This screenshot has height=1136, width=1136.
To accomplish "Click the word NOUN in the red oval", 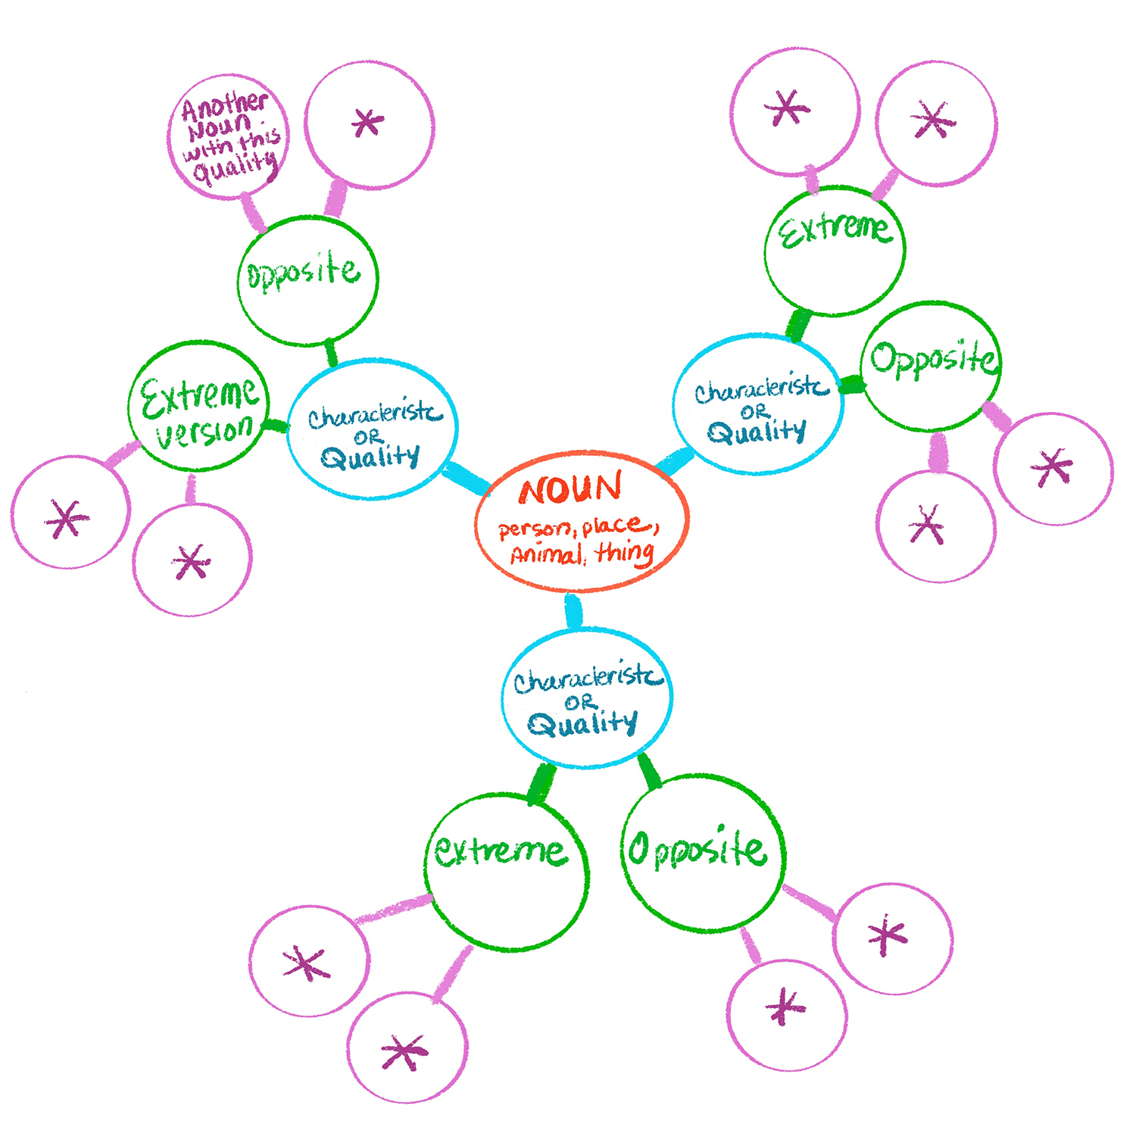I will pyautogui.click(x=570, y=490).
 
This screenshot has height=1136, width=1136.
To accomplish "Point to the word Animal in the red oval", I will pyautogui.click(x=545, y=556).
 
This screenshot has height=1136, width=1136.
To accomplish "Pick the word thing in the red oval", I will pyautogui.click(x=625, y=553).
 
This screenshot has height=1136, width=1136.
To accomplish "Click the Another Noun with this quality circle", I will pyautogui.click(x=228, y=137).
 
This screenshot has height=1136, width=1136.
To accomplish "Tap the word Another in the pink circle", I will pyautogui.click(x=224, y=107).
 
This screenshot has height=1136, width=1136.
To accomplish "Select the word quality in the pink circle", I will pyautogui.click(x=235, y=167).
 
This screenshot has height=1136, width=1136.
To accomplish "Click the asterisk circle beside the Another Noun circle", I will pyautogui.click(x=369, y=125).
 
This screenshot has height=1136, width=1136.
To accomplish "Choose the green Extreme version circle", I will pyautogui.click(x=198, y=405).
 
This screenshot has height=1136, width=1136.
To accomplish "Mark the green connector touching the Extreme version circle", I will pyautogui.click(x=276, y=426).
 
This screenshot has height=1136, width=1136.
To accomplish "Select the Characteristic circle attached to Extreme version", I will pyautogui.click(x=373, y=429).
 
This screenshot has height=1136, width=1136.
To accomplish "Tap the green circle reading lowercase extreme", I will pyautogui.click(x=506, y=871).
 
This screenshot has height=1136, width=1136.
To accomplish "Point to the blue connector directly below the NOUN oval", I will pyautogui.click(x=574, y=611).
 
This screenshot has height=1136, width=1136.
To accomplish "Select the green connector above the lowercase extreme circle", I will pyautogui.click(x=541, y=783).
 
